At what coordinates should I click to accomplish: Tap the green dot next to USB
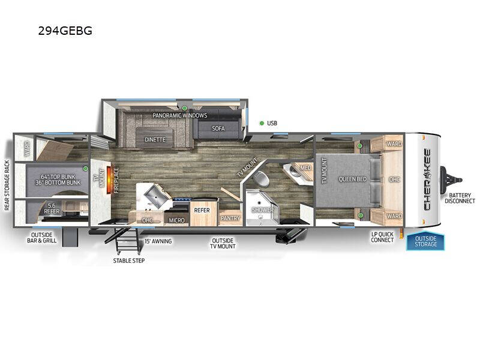pos(262,124)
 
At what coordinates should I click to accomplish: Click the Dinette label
pos(155,140)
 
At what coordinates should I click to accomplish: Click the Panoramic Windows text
pos(179,115)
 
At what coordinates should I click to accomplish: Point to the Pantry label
pos(230,218)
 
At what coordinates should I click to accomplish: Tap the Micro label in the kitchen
pos(176,220)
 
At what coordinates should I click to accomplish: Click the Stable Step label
pos(129,261)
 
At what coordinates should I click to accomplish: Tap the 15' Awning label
pos(158,241)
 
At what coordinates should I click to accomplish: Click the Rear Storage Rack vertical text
pos(8,186)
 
